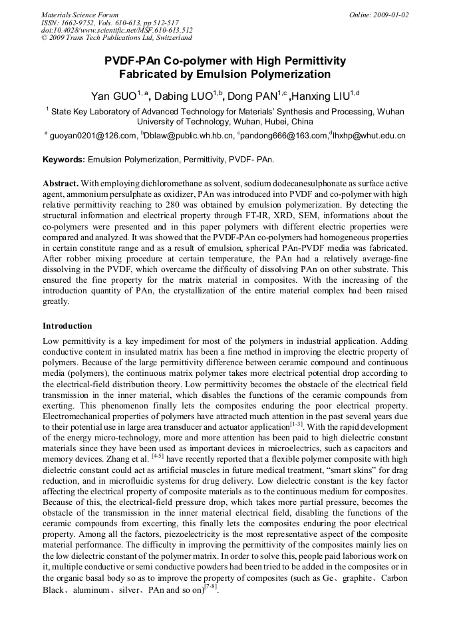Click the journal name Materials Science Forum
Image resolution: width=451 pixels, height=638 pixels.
pyautogui.click(x=80, y=15)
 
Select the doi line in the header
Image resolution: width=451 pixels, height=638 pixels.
pyautogui.click(x=117, y=31)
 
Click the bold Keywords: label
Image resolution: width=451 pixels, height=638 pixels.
pyautogui.click(x=64, y=160)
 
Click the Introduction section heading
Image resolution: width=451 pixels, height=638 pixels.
pyautogui.click(x=67, y=326)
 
